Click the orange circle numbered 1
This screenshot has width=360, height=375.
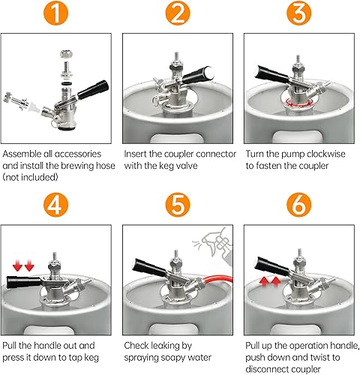click(x=55, y=13)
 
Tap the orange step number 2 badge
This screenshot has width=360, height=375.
click(x=178, y=13)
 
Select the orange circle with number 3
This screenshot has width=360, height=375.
click(x=298, y=13)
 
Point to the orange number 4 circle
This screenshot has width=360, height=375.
click(x=55, y=205)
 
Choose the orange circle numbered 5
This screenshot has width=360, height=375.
click(x=178, y=205)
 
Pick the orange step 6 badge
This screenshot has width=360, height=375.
click(x=298, y=205)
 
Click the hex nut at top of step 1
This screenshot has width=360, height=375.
click(x=67, y=53)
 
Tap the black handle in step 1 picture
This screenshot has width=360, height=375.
click(x=93, y=89)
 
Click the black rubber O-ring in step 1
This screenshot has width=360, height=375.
click(x=67, y=82)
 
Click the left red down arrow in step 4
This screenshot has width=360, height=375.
click(x=17, y=265)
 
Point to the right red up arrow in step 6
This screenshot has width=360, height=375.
click(x=275, y=282)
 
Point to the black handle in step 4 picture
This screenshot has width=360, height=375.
click(x=24, y=282)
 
